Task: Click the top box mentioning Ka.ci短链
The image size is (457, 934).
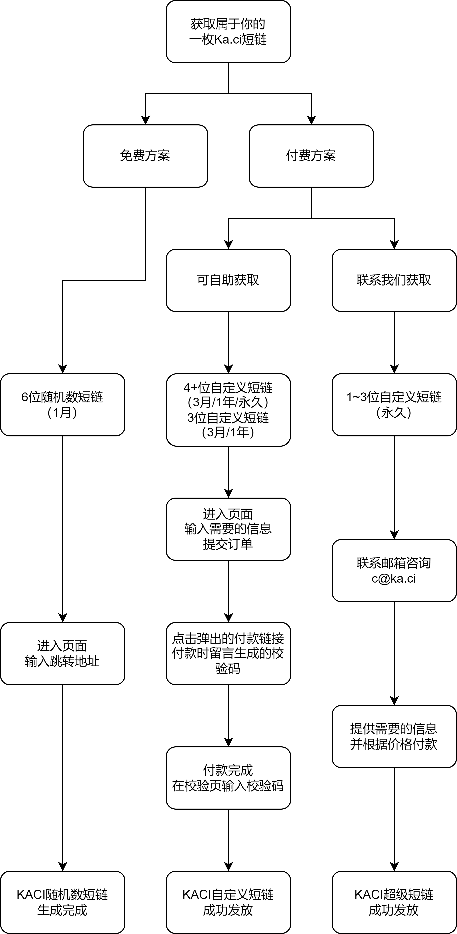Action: (x=228, y=32)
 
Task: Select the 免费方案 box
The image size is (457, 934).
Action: (x=145, y=156)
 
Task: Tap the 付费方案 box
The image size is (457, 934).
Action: (x=311, y=156)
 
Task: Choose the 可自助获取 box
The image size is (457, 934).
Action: (x=228, y=280)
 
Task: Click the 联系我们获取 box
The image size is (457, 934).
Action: (x=394, y=280)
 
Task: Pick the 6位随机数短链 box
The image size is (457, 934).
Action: (x=63, y=405)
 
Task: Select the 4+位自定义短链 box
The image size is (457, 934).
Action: (x=228, y=410)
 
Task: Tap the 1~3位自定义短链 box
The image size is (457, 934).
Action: (x=394, y=405)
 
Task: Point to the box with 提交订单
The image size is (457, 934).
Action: (x=228, y=529)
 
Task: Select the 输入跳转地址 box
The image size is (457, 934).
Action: (x=63, y=653)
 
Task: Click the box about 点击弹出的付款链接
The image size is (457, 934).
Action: (x=228, y=653)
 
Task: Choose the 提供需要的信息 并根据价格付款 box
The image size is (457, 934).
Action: (x=394, y=736)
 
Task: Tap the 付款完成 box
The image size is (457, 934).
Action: (x=228, y=778)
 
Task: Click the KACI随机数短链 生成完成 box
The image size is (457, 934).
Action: (x=63, y=902)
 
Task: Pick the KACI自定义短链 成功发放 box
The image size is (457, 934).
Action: (x=228, y=902)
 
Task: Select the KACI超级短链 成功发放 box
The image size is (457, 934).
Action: (x=394, y=902)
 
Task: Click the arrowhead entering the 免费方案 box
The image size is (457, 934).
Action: (x=145, y=120)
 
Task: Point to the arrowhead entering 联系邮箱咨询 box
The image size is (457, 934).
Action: (x=394, y=535)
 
